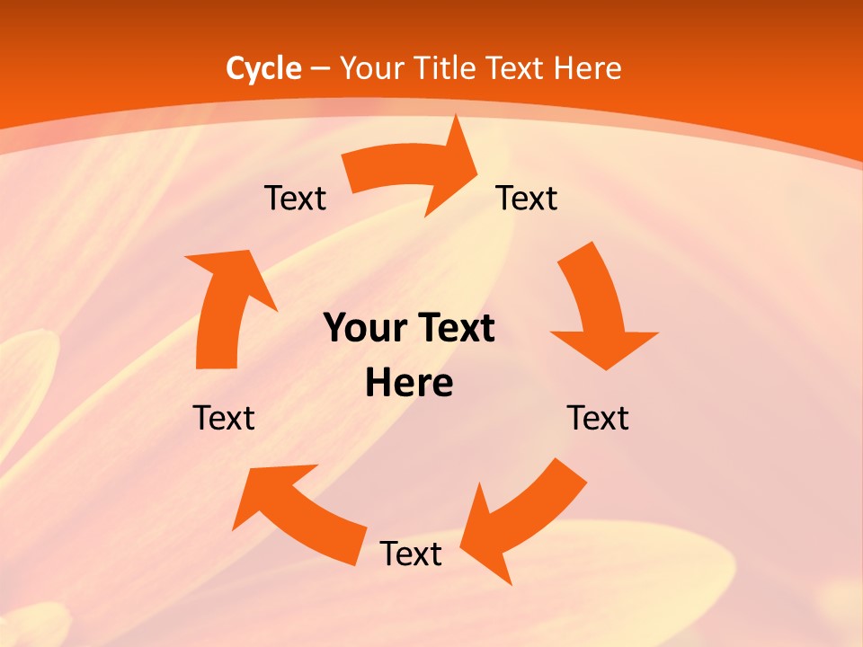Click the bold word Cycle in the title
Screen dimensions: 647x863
[x=263, y=68]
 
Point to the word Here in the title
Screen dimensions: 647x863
[x=587, y=68]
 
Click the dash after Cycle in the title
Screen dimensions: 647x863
[x=320, y=68]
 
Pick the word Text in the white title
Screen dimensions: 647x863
[x=517, y=68]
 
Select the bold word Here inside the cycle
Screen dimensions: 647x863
[x=409, y=384]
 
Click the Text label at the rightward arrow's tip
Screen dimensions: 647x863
[x=527, y=199]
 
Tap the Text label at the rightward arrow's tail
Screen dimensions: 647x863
[x=295, y=199]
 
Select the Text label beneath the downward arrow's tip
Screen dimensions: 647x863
[x=598, y=419]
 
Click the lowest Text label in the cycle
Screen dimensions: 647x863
[x=411, y=554]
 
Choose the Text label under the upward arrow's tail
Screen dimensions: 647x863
[x=224, y=419]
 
